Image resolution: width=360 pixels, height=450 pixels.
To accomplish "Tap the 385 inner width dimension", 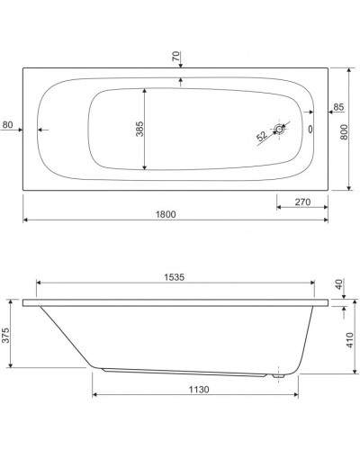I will pos(139,129).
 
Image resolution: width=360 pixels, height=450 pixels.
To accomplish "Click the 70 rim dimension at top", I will pos(178,57).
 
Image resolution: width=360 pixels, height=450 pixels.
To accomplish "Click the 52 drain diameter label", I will pos(261,137).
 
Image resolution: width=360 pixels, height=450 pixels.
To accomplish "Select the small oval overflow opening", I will pos(311,129).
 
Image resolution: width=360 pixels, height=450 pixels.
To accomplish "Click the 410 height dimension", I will pos(351,342).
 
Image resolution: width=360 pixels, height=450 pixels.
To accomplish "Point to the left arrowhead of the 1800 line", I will pos(25,220).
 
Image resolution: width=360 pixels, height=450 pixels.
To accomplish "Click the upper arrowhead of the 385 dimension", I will pos(145,91).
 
